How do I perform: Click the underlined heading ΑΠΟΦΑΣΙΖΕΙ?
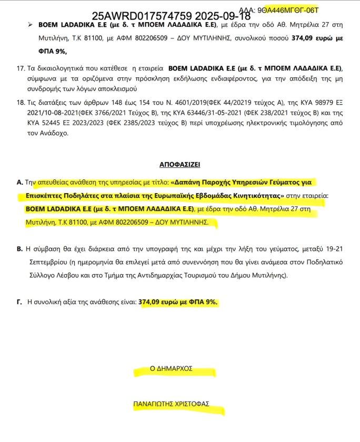tap(179, 165)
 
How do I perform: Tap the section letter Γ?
tap(20, 303)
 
